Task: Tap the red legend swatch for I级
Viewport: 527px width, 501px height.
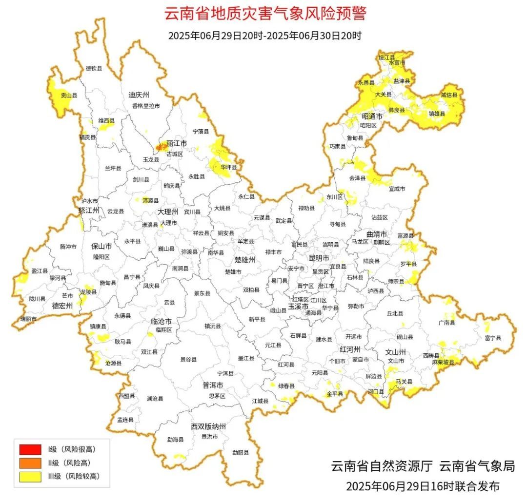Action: (x=30, y=449)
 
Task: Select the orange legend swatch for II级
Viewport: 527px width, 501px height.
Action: (x=30, y=463)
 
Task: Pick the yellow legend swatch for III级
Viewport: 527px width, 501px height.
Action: (x=30, y=477)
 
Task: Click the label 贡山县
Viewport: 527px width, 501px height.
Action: (x=69, y=96)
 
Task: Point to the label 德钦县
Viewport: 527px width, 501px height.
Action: (x=94, y=69)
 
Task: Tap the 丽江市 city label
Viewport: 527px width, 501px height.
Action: (x=177, y=144)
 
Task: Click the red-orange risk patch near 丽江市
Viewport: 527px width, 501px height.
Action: (x=161, y=146)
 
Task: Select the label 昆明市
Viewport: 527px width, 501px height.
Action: (x=319, y=257)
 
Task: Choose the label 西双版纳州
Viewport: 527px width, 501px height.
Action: (x=208, y=426)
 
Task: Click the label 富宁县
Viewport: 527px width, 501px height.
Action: (x=493, y=338)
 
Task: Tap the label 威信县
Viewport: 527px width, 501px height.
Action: (x=449, y=96)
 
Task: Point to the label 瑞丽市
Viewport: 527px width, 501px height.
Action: (x=28, y=318)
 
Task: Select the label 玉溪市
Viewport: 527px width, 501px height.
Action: (x=298, y=307)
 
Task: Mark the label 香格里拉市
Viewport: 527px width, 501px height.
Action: (x=145, y=106)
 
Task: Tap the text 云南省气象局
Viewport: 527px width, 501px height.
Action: (x=477, y=466)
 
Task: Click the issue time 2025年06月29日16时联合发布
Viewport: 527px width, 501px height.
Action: (x=423, y=486)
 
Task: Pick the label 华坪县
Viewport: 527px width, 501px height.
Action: (x=228, y=167)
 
